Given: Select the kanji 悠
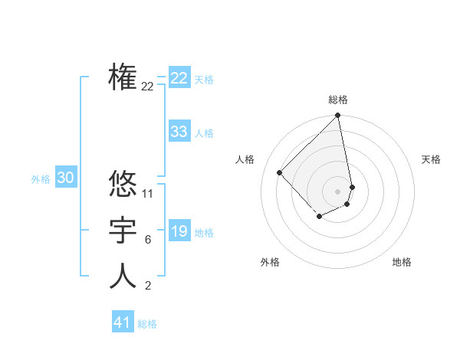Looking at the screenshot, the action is pos(123,184).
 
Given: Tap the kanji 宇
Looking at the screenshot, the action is pos(123,231).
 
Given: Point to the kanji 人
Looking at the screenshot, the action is pos(123,277).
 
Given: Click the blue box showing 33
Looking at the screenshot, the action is pos(179,132).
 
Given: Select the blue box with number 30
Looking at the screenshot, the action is pos(66,178).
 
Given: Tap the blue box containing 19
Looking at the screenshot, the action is pos(179,231).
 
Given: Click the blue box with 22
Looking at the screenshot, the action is pos(179,78).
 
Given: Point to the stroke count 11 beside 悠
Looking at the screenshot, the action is pos(148,194).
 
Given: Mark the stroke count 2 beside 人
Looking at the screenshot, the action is pos(148,286).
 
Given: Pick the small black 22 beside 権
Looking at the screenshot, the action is pos(148,87).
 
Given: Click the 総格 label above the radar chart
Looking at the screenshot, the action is pos(337,100).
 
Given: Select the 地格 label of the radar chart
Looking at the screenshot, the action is pos(402,262).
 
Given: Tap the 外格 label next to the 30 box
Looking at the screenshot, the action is pos(41,179).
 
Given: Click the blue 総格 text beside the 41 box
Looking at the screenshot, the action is pos(147,324).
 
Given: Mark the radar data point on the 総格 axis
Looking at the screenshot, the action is pos(337,116).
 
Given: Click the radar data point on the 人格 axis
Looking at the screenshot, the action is pos(280,172).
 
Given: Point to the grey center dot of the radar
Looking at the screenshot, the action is pos(337,191).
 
